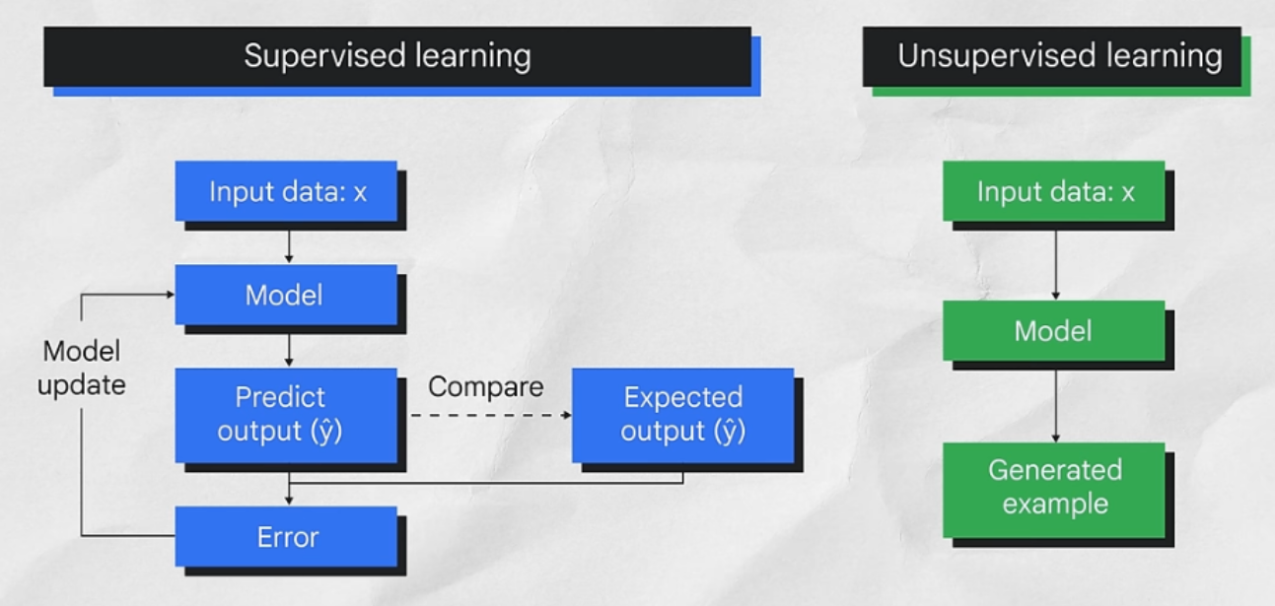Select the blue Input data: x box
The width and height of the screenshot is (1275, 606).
tap(286, 191)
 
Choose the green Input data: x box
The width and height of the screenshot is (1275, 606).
tap(1053, 191)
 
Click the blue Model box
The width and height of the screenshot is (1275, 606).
tap(286, 295)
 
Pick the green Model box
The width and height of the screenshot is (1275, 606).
tap(1053, 330)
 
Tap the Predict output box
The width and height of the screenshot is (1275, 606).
tap(286, 415)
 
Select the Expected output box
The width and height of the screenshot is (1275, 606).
tap(682, 415)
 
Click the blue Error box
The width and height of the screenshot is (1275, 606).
tap(286, 537)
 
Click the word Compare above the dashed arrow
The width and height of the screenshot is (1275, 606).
tap(485, 386)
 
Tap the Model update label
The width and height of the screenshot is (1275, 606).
tap(82, 368)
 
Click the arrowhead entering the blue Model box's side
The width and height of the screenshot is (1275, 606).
tap(170, 294)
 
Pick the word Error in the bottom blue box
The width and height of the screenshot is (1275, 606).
tap(287, 537)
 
